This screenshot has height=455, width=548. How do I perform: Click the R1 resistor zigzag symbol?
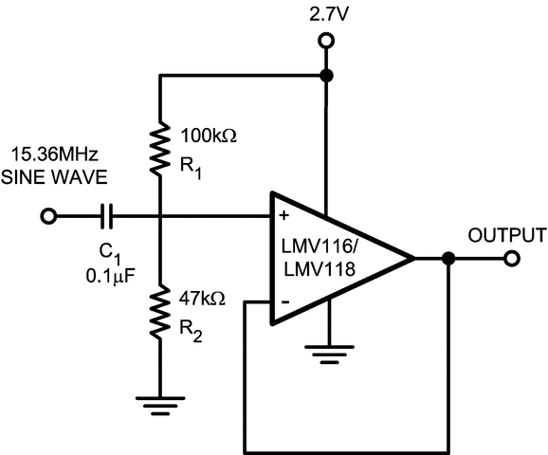159,147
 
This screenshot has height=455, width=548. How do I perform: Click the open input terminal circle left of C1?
47,218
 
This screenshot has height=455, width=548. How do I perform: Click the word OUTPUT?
507,235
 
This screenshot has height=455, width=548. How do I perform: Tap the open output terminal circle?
512,258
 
